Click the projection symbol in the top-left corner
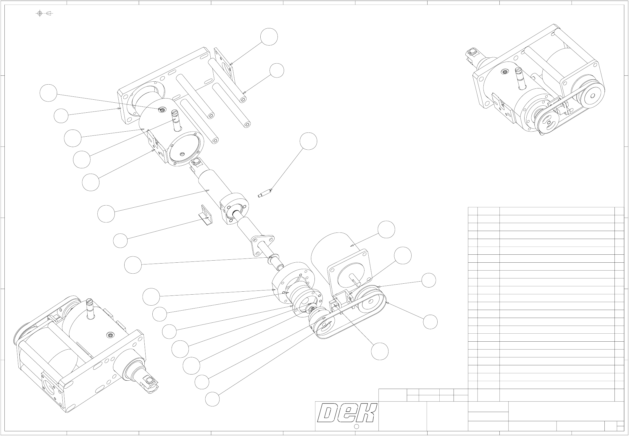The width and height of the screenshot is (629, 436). pyautogui.click(x=44, y=13)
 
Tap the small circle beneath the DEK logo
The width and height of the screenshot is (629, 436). pyautogui.click(x=357, y=426)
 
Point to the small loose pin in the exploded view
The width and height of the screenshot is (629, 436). pyautogui.click(x=264, y=193)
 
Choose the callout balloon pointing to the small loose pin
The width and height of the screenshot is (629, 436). pyautogui.click(x=308, y=141)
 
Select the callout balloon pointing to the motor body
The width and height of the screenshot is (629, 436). pyautogui.click(x=386, y=229)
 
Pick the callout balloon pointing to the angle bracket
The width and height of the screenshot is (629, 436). pyautogui.click(x=120, y=241)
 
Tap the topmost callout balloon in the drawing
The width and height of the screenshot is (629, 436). pyautogui.click(x=269, y=37)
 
